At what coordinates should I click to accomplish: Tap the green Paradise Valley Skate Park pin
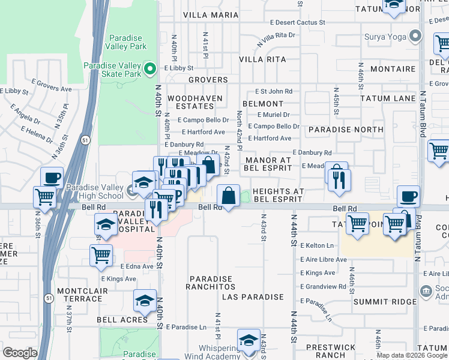(150, 69)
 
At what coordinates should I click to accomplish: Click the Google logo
(20, 352)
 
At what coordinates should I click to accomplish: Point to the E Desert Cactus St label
(297, 22)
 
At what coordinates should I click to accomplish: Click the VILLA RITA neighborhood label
(262, 59)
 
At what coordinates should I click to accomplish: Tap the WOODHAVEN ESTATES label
(195, 102)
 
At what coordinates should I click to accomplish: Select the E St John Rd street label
(273, 91)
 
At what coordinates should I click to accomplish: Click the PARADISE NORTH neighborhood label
(345, 129)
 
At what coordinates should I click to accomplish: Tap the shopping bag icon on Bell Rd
(228, 196)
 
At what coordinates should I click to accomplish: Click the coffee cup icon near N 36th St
(52, 178)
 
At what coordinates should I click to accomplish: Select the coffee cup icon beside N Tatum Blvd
(408, 196)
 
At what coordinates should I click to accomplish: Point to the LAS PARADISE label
(253, 297)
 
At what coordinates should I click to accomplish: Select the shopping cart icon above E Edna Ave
(101, 255)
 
